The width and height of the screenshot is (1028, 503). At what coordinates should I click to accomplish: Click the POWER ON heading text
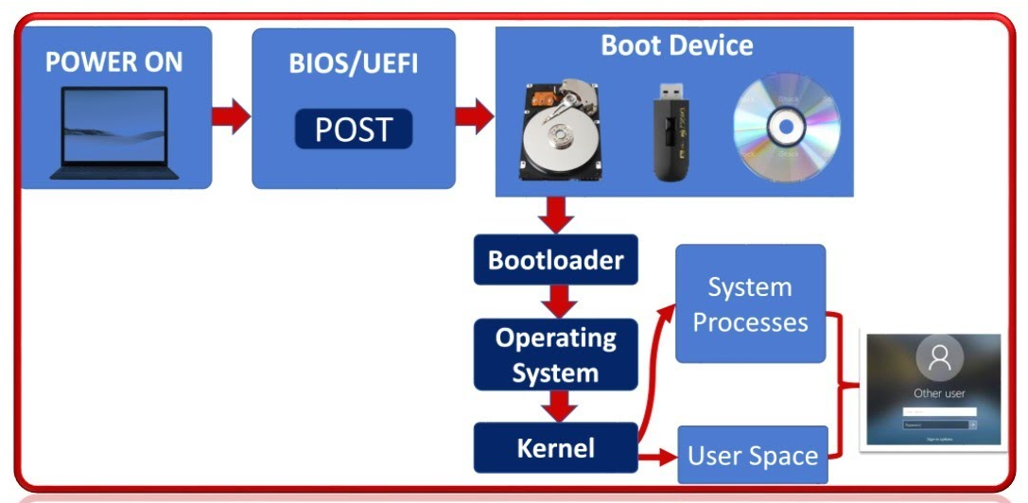pyautogui.click(x=113, y=63)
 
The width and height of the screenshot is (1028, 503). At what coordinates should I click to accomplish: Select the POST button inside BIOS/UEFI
pyautogui.click(x=353, y=130)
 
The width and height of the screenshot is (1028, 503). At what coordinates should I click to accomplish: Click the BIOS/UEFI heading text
pyautogui.click(x=353, y=64)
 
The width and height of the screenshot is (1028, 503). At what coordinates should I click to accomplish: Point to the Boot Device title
pyautogui.click(x=677, y=45)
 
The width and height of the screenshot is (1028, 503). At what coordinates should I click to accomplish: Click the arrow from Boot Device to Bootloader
pyautogui.click(x=555, y=216)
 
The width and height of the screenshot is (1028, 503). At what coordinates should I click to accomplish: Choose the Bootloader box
pyautogui.click(x=555, y=260)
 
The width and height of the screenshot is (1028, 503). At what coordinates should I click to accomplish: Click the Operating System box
pyautogui.click(x=555, y=356)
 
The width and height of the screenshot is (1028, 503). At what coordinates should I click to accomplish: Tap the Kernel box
pyautogui.click(x=555, y=448)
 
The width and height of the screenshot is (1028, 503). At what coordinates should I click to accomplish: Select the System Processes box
pyautogui.click(x=750, y=304)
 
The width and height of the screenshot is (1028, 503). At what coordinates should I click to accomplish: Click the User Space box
pyautogui.click(x=753, y=456)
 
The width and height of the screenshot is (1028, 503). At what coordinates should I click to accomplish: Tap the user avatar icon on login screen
pyautogui.click(x=939, y=357)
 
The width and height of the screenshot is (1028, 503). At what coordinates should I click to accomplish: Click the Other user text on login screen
pyautogui.click(x=939, y=392)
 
